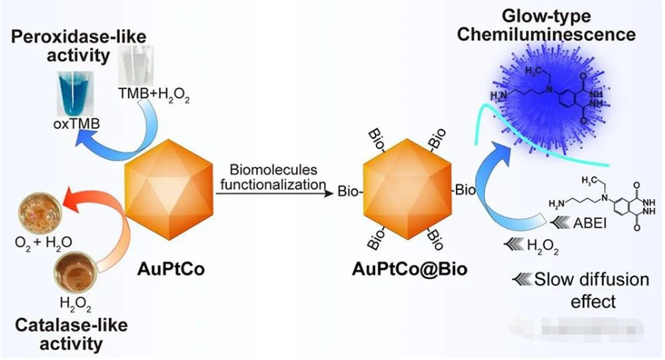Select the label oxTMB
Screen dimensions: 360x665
[77, 125]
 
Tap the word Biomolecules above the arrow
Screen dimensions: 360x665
[274, 171]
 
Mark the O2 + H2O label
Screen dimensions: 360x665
[43, 243]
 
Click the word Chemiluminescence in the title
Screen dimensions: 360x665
[547, 34]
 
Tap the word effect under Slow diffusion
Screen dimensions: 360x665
[593, 301]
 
